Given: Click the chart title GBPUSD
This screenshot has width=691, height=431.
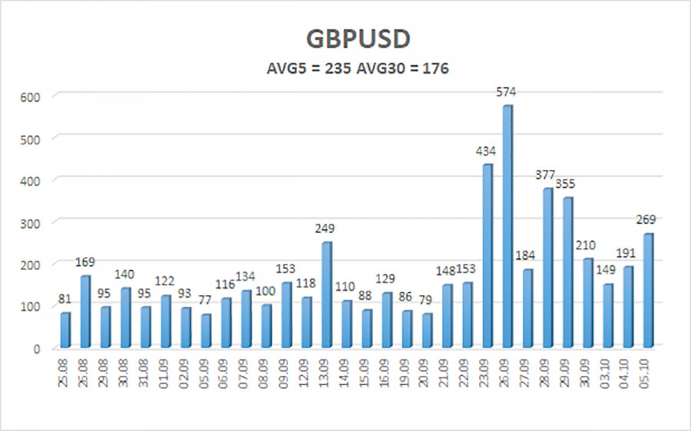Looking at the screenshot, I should point(347,39).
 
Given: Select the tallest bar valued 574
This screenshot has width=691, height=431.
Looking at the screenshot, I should point(508,226).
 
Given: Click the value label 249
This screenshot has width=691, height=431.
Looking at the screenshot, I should point(326,229).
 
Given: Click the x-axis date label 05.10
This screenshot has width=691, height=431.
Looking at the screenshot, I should point(649,376).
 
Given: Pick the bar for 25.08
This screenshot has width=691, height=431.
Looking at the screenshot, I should point(65,330).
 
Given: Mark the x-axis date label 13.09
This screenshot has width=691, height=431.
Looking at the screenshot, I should point(326,376).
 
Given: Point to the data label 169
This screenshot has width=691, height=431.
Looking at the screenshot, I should point(85,262).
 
